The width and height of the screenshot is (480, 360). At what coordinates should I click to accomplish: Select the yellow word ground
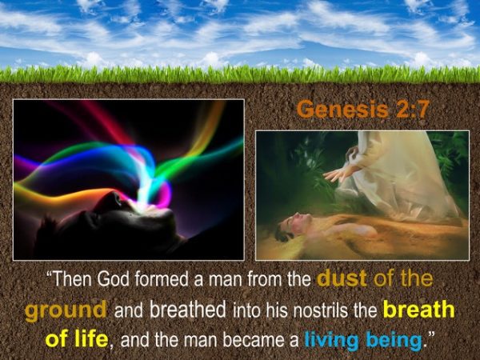(x=66, y=310)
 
